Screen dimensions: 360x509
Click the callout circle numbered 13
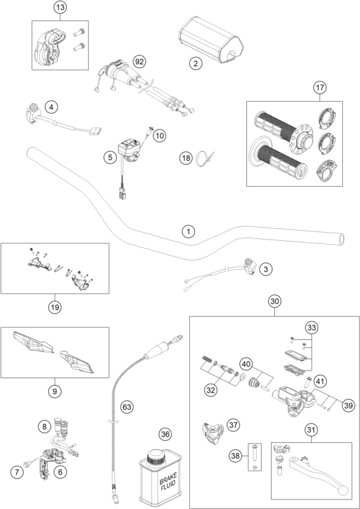[60, 8]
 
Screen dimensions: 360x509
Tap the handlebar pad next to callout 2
[211, 40]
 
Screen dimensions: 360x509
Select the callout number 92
[140, 62]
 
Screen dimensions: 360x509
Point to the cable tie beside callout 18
[202, 158]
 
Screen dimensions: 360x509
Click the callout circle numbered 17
[320, 88]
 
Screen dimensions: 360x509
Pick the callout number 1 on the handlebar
[189, 232]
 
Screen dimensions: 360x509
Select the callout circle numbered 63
[127, 407]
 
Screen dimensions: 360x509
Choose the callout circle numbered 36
[166, 435]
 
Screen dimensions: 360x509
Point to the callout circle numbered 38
[236, 456]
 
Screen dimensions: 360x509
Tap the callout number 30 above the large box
[274, 301]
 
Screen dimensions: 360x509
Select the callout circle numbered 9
[55, 391]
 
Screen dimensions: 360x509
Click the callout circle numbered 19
[55, 307]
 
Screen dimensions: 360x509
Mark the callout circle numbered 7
[17, 472]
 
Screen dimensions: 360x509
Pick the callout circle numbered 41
[320, 381]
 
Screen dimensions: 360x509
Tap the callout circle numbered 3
[266, 269]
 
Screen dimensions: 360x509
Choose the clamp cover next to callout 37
[213, 433]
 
